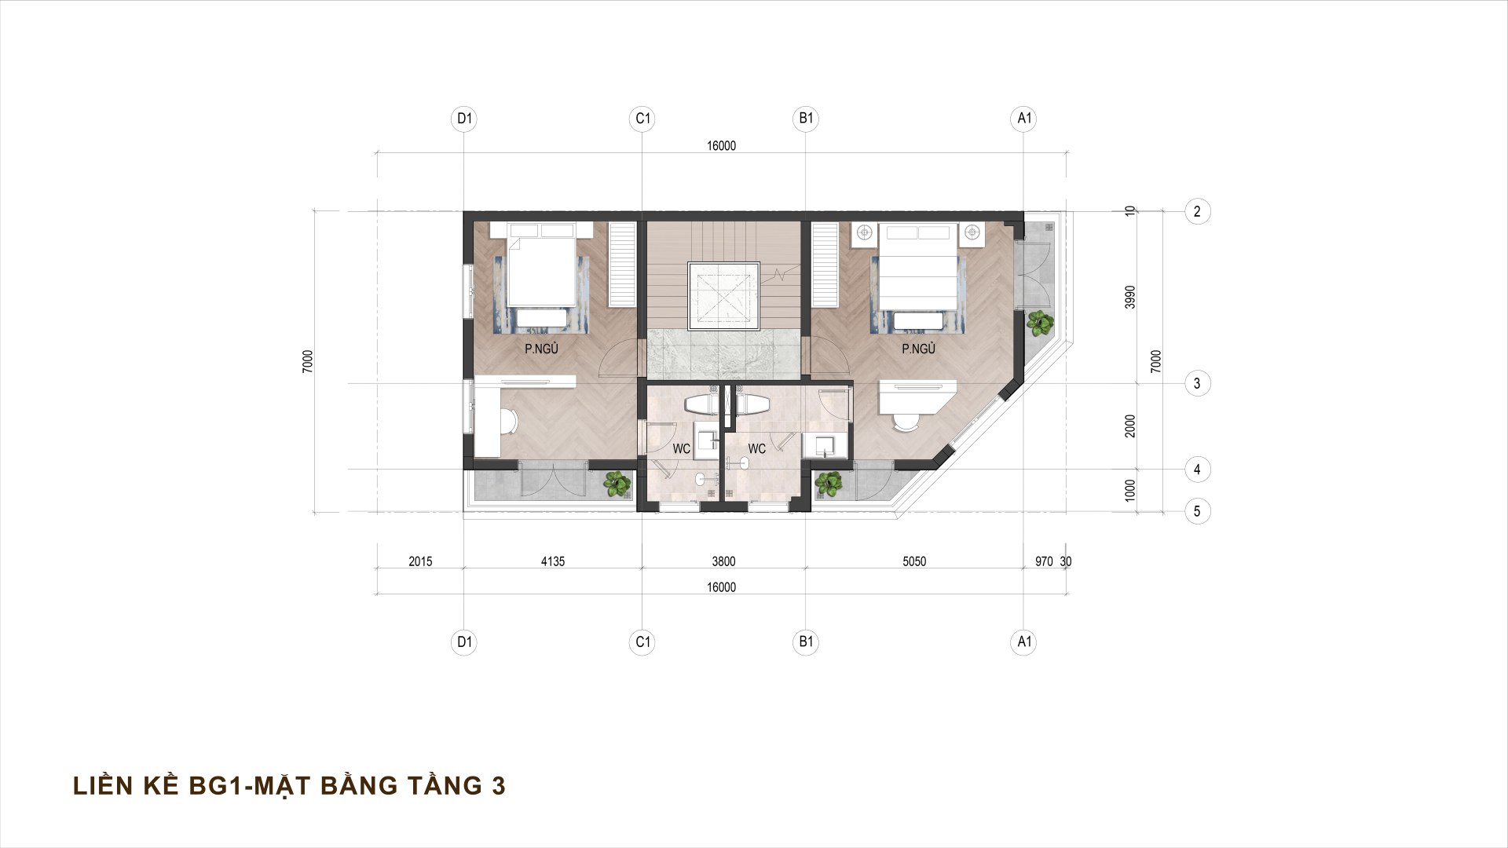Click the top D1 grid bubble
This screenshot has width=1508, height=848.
pos(465,119)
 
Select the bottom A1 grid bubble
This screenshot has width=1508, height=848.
pos(1023,641)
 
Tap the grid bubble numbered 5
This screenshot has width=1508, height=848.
pos(1197,511)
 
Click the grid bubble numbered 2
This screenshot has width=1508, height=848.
pos(1197,211)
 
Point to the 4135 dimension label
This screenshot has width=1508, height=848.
pos(553,561)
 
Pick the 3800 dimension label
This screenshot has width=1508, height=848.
pos(723,561)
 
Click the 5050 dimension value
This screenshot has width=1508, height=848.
pos(914,561)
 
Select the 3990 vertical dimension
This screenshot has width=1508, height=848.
pos(1130,297)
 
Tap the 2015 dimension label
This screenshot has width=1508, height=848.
pos(420,561)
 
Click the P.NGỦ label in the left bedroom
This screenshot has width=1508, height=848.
pos(541,349)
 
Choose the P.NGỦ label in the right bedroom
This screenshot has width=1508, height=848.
pos(918,349)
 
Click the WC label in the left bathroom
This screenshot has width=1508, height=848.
pos(681,449)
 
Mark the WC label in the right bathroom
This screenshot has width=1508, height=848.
pos(756,449)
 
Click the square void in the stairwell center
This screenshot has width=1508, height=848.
pos(723,297)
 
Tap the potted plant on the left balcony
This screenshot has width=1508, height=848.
pos(617,484)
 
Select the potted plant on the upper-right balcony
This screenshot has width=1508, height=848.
pos(1040,322)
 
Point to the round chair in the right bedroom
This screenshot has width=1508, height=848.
pos(906,422)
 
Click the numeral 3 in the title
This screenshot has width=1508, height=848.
pos(498,786)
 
